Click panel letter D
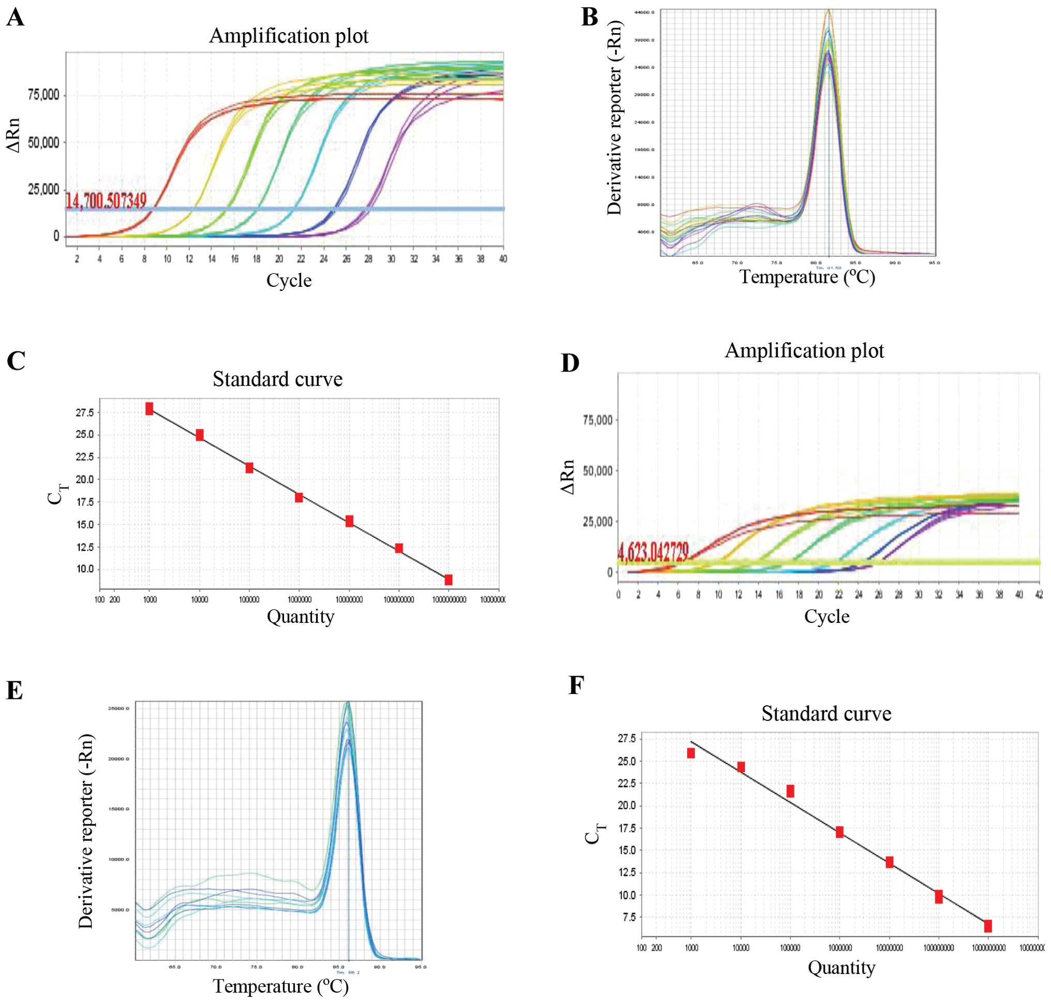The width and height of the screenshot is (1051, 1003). [x=571, y=364]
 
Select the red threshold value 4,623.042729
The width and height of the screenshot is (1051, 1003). [x=653, y=552]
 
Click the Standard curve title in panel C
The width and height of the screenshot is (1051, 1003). [x=277, y=379]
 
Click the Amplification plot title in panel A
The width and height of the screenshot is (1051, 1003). [x=289, y=36]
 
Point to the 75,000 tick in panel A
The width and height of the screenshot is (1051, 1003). [x=43, y=96]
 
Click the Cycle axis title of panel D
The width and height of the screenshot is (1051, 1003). [x=826, y=616]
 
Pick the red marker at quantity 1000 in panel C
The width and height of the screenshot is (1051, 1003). [x=150, y=409]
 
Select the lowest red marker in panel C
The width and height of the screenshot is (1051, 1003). [x=448, y=579]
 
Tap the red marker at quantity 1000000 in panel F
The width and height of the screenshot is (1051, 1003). [x=839, y=832]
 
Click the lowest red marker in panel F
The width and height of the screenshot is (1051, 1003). [x=988, y=925]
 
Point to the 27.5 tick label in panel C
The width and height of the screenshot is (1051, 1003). [x=85, y=413]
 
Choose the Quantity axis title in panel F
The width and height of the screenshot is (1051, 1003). [x=841, y=968]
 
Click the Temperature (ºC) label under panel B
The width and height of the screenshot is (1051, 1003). [x=807, y=277]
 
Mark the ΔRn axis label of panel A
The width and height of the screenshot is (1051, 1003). [x=14, y=135]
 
